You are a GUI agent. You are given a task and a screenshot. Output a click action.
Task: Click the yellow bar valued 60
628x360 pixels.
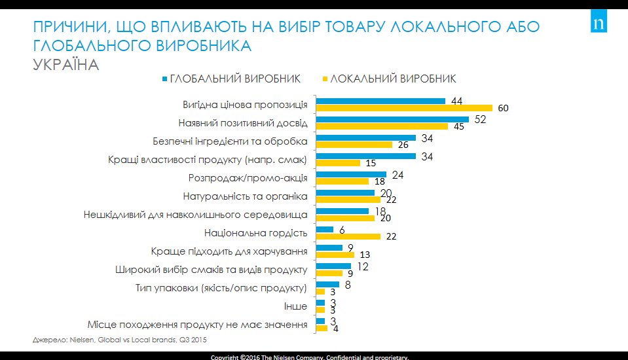click(x=403, y=108)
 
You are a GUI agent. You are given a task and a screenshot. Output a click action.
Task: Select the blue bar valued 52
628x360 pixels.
click(x=392, y=119)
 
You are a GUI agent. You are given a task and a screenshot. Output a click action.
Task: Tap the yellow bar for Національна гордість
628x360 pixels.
click(x=348, y=236)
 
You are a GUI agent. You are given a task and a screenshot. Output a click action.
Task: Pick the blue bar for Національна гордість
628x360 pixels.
click(x=325, y=229)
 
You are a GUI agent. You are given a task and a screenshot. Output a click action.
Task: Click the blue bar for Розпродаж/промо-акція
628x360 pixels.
click(x=351, y=175)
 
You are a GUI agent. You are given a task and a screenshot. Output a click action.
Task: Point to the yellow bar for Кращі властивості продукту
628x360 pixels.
click(x=338, y=163)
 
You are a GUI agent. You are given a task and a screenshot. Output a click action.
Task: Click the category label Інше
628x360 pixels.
click(x=298, y=306)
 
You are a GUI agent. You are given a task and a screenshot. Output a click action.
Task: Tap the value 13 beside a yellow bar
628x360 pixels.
click(x=365, y=255)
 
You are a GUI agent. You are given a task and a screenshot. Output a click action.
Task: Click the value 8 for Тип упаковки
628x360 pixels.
click(x=348, y=285)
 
